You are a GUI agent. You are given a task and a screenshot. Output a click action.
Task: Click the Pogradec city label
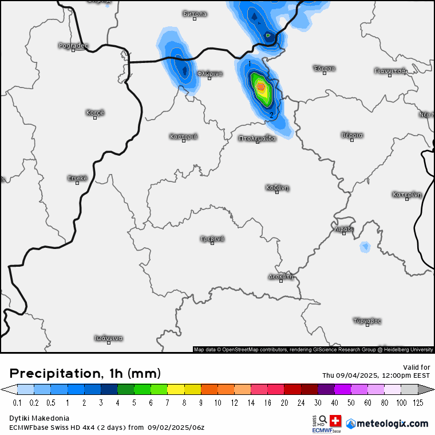coord(73,45)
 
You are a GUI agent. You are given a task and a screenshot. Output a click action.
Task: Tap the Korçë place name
coord(95,112)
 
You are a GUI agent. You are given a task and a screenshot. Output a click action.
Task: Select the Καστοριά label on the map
coord(183,136)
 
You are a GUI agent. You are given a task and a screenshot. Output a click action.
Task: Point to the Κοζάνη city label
coord(277,187)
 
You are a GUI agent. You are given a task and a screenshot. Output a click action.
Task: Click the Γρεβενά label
coord(212,238)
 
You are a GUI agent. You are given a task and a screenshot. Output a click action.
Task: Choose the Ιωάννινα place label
coord(109,338)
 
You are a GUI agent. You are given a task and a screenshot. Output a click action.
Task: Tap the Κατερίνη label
coord(407,194)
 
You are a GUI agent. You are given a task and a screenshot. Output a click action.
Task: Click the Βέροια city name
coord(352,135)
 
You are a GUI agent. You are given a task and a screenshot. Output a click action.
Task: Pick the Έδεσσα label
coord(324,68)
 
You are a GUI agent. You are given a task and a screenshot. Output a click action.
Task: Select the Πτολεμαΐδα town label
coord(258,138)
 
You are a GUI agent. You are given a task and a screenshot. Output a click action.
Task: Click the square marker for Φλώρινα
coord(209,78)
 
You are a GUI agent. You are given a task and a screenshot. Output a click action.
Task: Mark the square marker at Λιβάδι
coord(344,233)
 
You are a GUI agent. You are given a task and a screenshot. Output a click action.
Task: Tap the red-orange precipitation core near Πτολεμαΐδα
coord(261,87)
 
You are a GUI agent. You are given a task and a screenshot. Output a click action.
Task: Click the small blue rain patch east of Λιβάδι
coord(365,247)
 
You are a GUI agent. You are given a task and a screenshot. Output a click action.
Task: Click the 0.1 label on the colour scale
coord(17,403)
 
